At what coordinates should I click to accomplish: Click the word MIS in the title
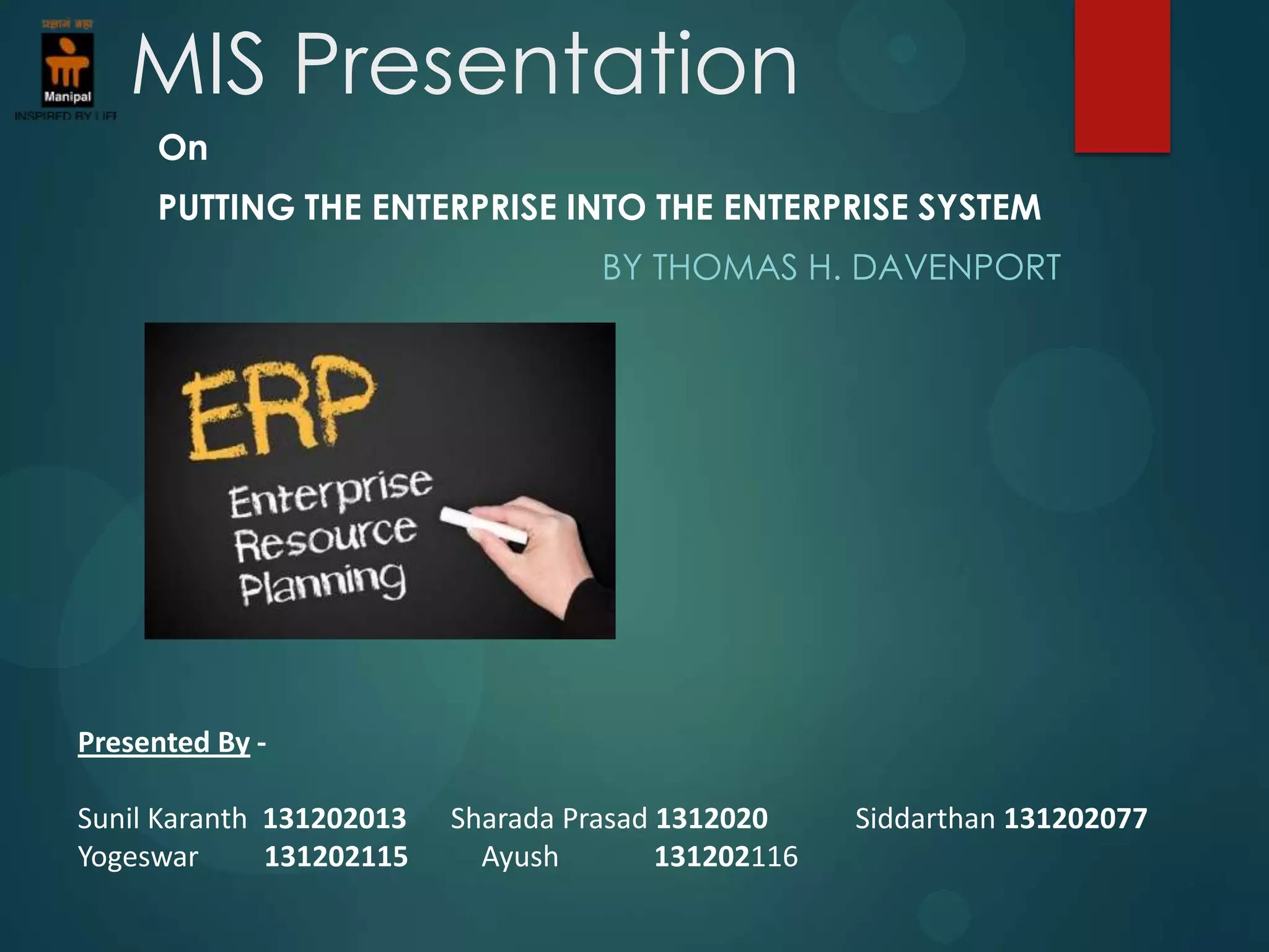tap(197, 64)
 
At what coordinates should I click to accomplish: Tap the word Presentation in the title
tap(545, 64)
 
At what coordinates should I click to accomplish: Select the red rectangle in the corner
tap(1122, 74)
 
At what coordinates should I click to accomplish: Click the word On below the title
tap(182, 149)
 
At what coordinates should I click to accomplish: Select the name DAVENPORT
tap(955, 268)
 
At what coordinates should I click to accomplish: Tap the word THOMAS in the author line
tap(725, 268)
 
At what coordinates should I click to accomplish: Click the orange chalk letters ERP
tap(279, 409)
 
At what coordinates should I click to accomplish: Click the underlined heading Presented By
tap(164, 743)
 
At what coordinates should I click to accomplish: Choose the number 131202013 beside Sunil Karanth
tap(335, 819)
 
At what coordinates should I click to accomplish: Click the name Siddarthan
tap(924, 819)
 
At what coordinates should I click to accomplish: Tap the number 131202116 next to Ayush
tap(726, 857)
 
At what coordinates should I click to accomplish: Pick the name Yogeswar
tap(138, 857)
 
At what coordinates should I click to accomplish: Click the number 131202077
tap(1075, 819)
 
